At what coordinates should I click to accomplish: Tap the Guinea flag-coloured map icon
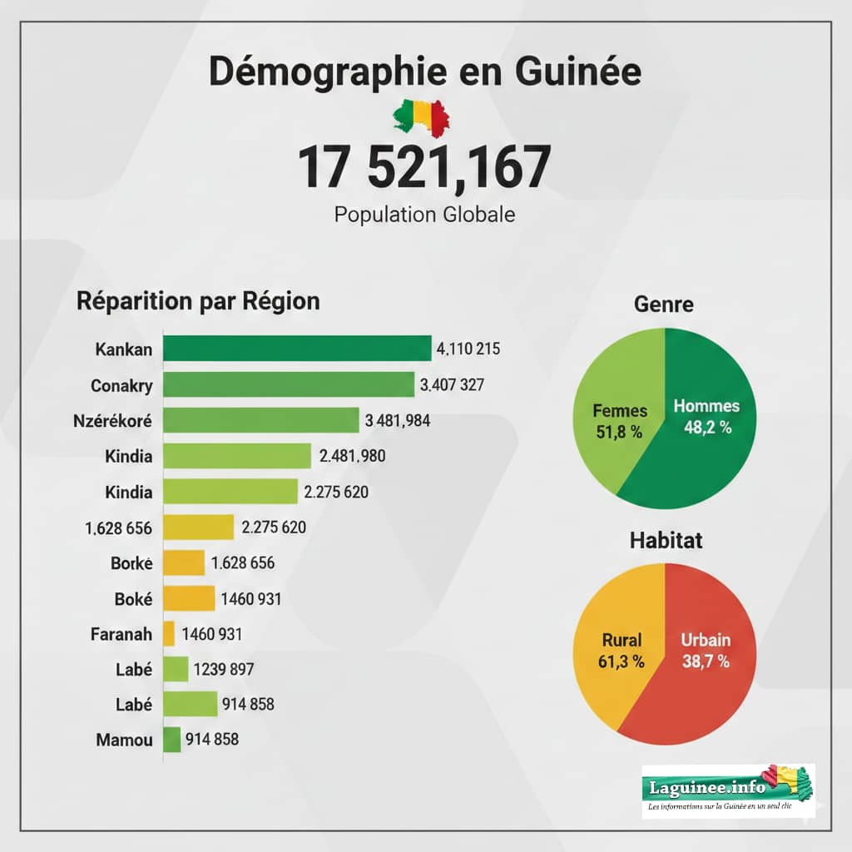click(421, 116)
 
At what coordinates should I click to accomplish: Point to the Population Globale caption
click(424, 215)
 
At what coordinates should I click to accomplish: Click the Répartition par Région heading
click(198, 301)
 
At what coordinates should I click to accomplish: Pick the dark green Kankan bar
click(297, 349)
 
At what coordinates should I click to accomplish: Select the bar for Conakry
click(288, 384)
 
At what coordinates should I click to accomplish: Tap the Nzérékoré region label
click(113, 420)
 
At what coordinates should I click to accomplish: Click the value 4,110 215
click(468, 349)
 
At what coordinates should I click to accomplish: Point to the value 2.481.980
click(352, 456)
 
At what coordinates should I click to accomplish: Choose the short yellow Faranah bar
click(169, 634)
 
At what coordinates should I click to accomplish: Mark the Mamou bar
click(172, 739)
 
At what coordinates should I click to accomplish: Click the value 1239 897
click(224, 669)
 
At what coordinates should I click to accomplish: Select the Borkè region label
click(131, 562)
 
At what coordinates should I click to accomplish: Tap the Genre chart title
click(663, 305)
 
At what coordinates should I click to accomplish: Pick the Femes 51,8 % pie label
click(620, 420)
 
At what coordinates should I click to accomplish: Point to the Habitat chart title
click(664, 540)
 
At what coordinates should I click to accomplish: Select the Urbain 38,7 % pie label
click(705, 651)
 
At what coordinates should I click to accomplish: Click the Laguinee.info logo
click(729, 790)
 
